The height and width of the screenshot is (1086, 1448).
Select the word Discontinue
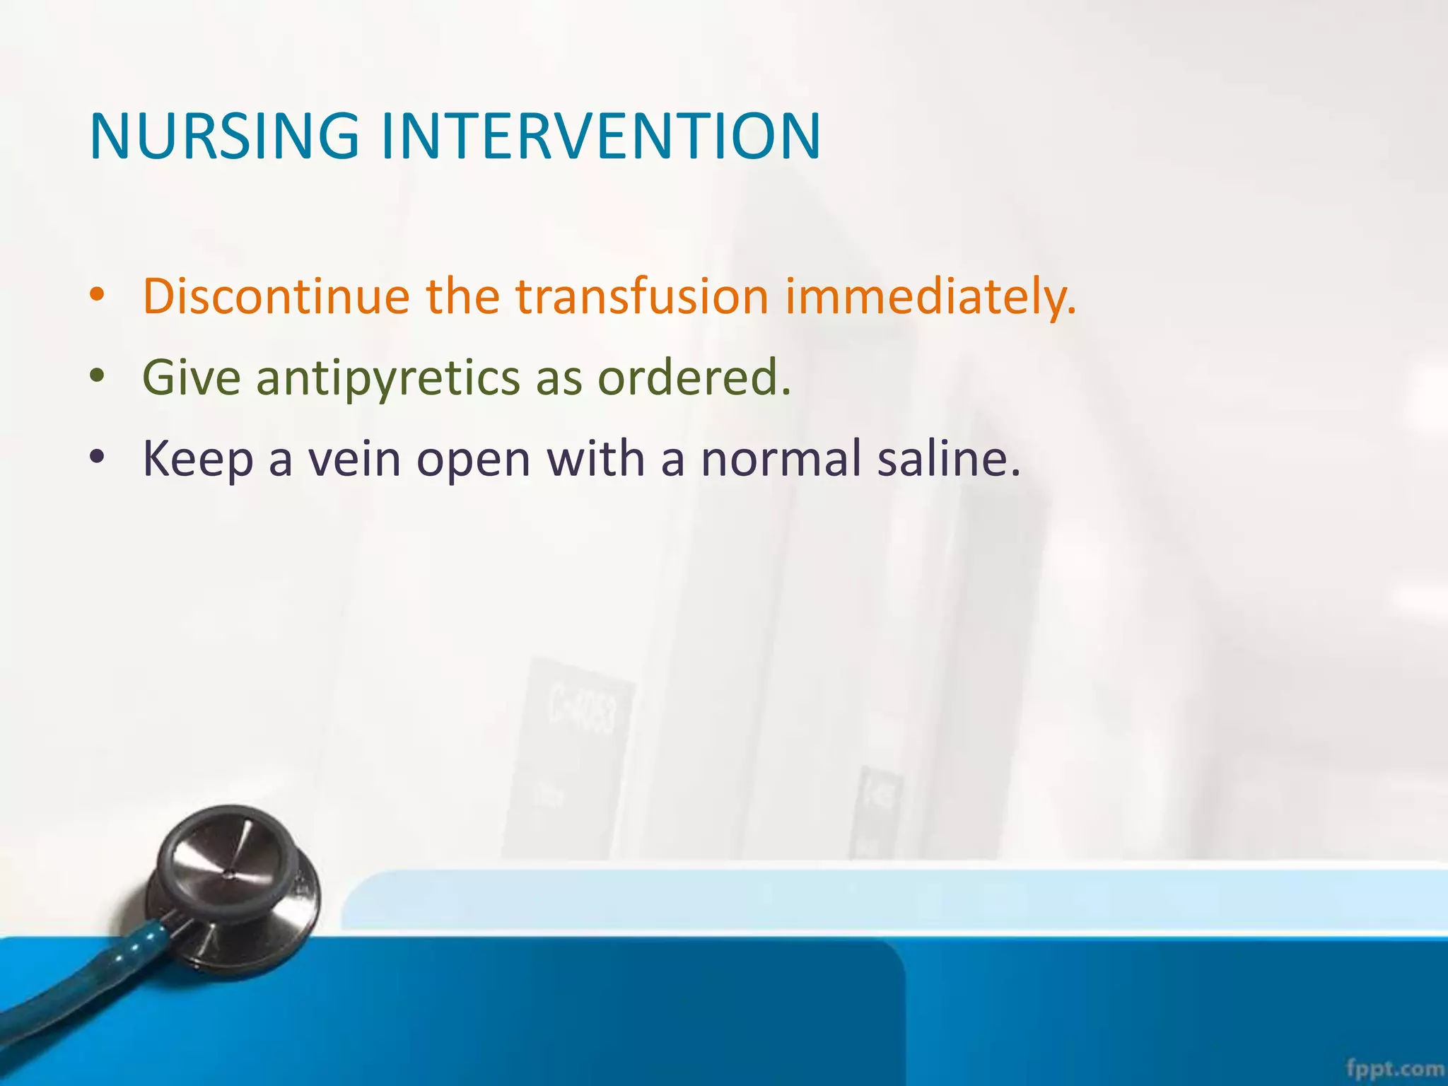(x=276, y=296)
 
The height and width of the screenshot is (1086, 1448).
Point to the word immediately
(x=930, y=296)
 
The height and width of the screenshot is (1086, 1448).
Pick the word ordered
(x=694, y=377)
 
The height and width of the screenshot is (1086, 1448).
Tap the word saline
(x=947, y=458)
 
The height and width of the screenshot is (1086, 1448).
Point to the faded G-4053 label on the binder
(x=583, y=714)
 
